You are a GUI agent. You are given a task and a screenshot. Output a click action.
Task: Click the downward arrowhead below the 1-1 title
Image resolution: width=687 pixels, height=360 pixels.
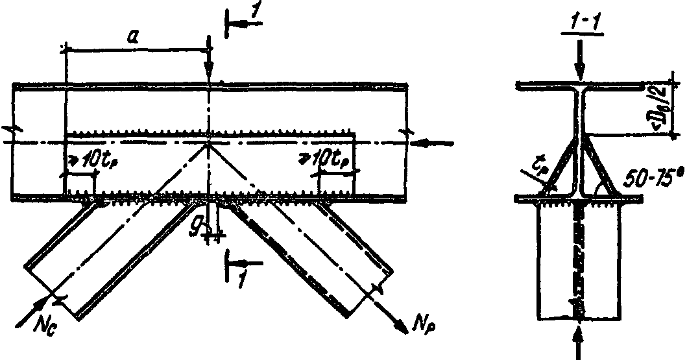[x=582, y=74]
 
